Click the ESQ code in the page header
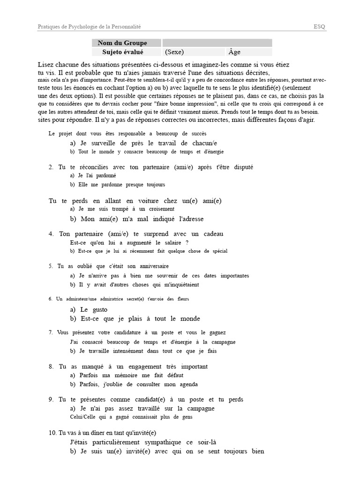click(320, 27)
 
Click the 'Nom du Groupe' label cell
click(122, 43)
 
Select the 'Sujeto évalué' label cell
click(123, 52)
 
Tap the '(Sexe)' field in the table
click(174, 52)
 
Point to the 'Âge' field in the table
click(235, 52)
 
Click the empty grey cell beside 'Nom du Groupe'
click(217, 43)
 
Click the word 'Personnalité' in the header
click(126, 27)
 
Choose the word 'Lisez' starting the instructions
click(46, 64)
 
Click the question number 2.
click(51, 167)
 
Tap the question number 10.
click(52, 433)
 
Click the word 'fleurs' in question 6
click(182, 299)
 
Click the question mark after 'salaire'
click(187, 242)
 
